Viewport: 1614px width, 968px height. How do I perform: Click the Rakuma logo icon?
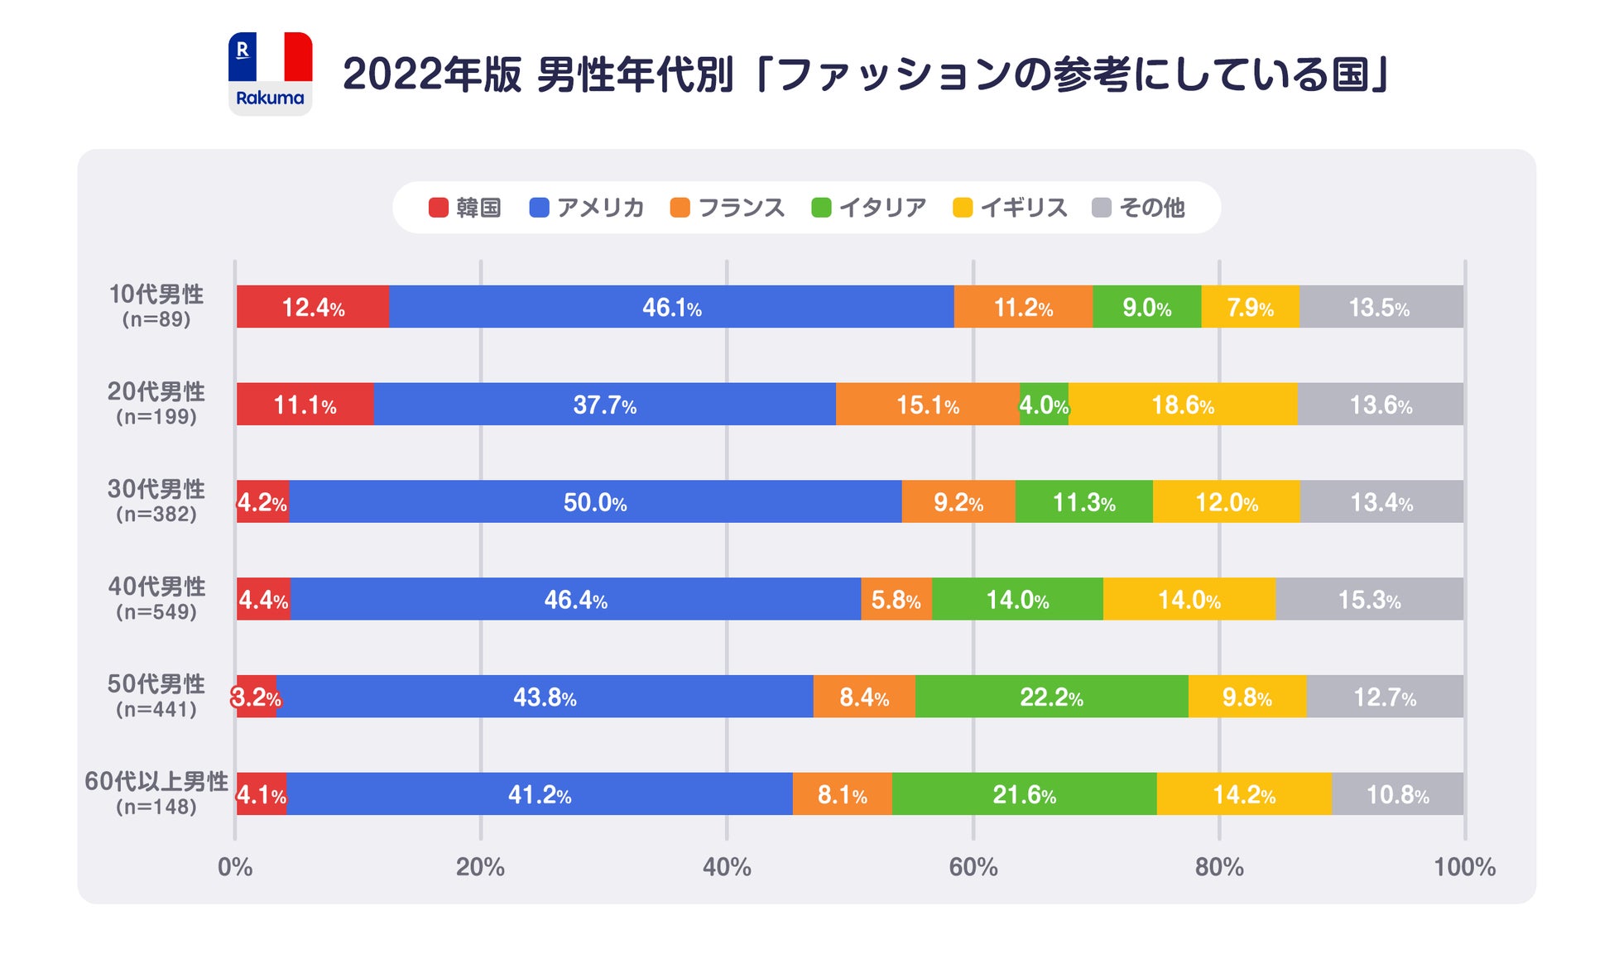click(x=270, y=74)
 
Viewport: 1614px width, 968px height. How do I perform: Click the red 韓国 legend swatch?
click(x=438, y=208)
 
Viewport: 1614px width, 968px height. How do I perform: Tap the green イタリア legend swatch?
click(x=821, y=208)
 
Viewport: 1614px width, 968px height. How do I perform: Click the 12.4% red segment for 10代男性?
click(x=313, y=307)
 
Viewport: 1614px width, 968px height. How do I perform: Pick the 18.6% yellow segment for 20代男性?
click(x=1183, y=405)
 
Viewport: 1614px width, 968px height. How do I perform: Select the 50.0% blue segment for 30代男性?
click(x=595, y=502)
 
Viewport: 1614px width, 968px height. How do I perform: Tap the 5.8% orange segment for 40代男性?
click(x=896, y=599)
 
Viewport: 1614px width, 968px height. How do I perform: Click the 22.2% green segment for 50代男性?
click(x=1051, y=697)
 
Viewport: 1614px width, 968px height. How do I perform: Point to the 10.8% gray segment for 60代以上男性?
click(x=1397, y=794)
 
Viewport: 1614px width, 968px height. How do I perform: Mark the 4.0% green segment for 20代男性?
click(x=1044, y=405)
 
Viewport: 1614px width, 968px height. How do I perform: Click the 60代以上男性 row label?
click(x=156, y=782)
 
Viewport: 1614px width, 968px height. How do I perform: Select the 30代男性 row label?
click(x=156, y=490)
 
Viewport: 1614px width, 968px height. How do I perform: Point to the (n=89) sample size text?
click(x=156, y=320)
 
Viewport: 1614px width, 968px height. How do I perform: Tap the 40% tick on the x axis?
click(x=727, y=867)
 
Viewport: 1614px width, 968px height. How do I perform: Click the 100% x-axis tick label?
click(x=1464, y=867)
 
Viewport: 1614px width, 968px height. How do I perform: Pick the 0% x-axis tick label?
click(x=235, y=867)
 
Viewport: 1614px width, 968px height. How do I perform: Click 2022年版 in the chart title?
click(x=432, y=74)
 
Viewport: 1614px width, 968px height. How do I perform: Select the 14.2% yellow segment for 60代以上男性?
click(x=1244, y=794)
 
